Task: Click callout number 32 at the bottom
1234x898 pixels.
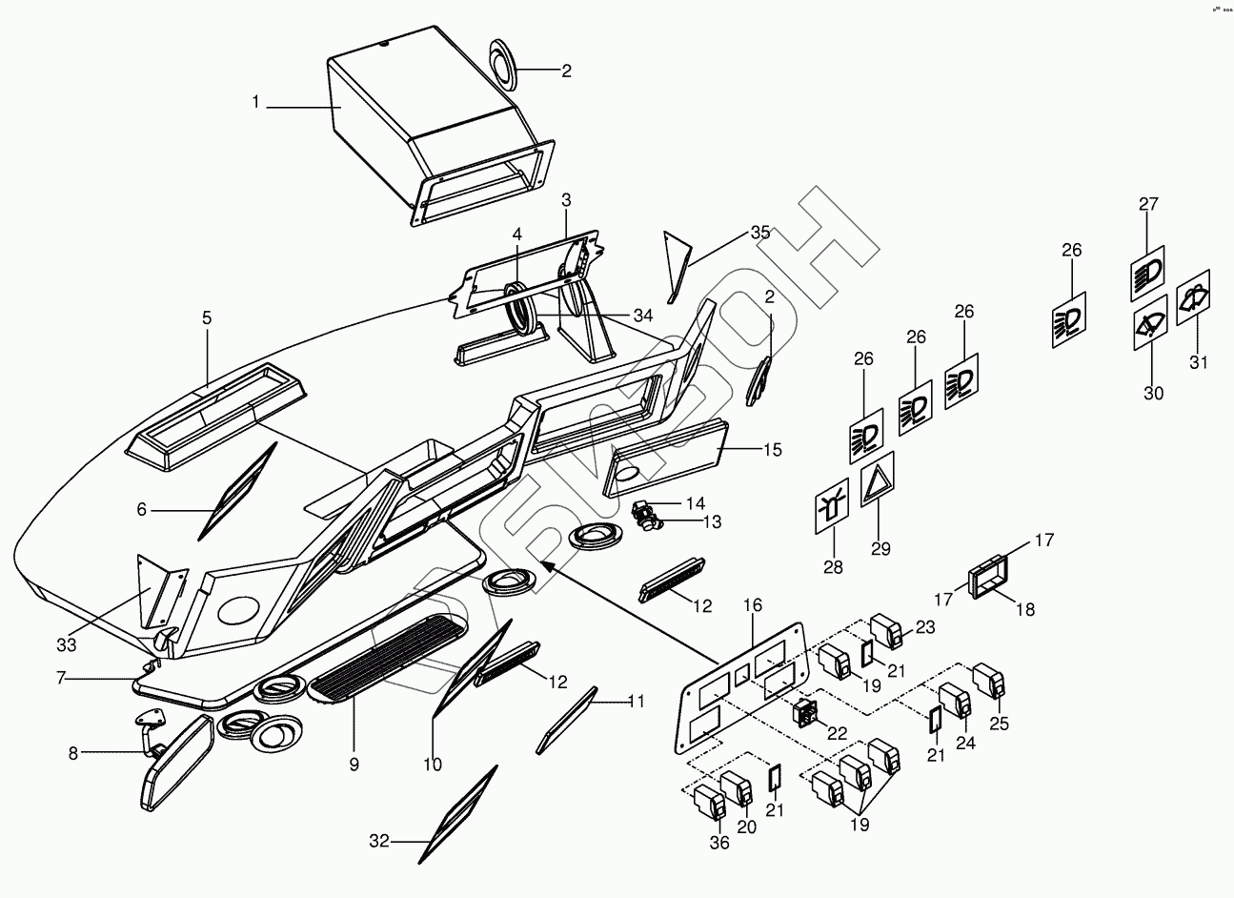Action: pos(379,842)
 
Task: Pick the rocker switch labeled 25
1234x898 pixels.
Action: pos(988,679)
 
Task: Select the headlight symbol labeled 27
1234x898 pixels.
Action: pos(1147,273)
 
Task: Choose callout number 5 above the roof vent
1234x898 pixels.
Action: pos(207,318)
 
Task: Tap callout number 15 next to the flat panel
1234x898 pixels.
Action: pos(772,449)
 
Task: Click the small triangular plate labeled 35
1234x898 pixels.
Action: pos(678,265)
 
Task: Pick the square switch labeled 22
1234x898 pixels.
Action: pos(804,712)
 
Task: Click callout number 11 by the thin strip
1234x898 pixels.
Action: pos(637,702)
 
